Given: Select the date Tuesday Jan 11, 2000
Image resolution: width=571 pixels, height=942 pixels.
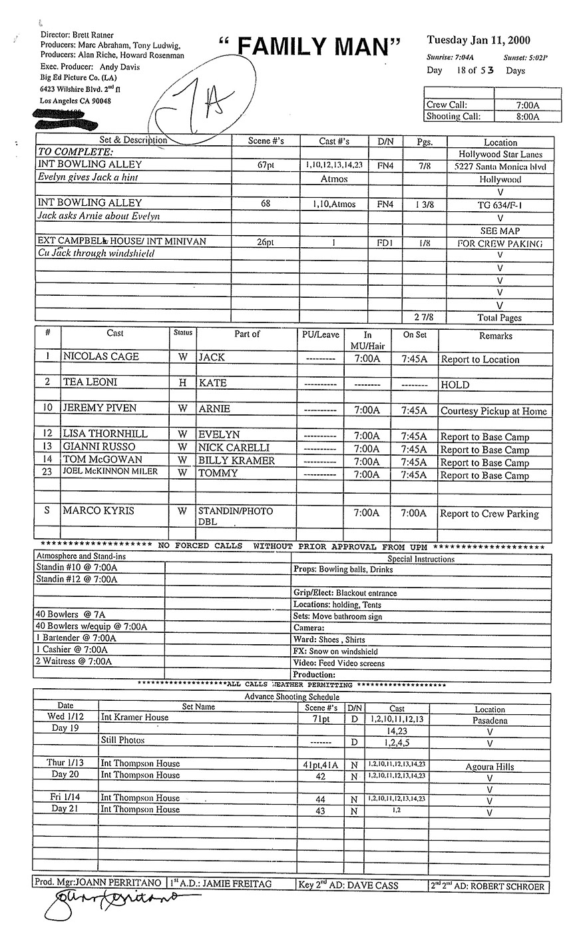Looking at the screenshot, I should point(478,41).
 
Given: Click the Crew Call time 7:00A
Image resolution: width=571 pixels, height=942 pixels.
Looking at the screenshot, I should point(527,105).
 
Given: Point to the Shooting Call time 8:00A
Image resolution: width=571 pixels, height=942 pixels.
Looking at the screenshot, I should point(527,117).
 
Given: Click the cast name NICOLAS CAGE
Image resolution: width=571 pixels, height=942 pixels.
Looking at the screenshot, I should point(100,357).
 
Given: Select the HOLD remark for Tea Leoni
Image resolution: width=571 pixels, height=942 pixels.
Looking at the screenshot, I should point(455,385).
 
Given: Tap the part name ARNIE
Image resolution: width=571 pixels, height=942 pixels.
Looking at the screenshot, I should point(214,409).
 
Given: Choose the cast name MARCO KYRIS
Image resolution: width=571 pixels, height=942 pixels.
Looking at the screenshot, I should point(98,511).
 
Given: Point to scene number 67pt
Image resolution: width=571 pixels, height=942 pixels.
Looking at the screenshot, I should point(265,165).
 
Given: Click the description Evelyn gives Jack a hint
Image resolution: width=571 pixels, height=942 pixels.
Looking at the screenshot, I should point(97,178).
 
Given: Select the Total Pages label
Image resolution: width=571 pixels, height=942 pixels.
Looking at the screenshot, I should point(500,318).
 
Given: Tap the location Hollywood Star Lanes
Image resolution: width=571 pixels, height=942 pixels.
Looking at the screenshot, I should point(500,154).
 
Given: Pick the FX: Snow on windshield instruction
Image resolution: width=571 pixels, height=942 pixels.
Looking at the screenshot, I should point(335,652).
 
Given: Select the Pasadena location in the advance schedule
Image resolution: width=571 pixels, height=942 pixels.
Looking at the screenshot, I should point(490,721).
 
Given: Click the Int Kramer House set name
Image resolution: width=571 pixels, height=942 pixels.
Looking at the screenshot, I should point(134,718).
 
